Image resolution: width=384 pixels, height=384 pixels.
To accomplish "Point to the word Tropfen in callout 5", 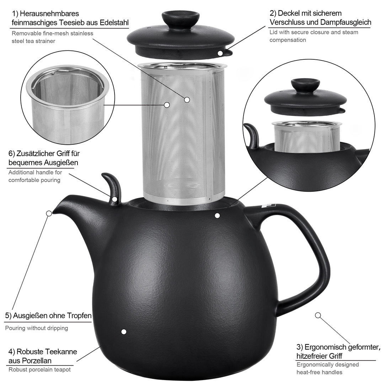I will click(x=78, y=316).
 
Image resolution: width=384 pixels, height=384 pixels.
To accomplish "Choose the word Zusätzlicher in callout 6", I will click(x=43, y=154).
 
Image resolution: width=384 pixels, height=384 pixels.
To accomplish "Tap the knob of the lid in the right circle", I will click(x=305, y=85).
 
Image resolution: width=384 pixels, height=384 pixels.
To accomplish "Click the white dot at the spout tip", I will click(x=49, y=213).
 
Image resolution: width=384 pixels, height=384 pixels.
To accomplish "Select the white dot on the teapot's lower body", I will click(x=124, y=332).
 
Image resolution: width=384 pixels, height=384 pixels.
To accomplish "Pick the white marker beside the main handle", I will click(x=318, y=315).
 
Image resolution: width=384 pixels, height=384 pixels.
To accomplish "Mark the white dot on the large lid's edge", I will click(x=220, y=53).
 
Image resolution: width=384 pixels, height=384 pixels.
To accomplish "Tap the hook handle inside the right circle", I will click(x=252, y=135).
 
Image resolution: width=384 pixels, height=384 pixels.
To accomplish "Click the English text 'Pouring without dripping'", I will click(x=37, y=328).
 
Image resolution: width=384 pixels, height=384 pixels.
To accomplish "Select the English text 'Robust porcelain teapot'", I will click(x=39, y=370).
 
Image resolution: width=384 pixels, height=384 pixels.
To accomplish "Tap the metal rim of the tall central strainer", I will click(x=182, y=66).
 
